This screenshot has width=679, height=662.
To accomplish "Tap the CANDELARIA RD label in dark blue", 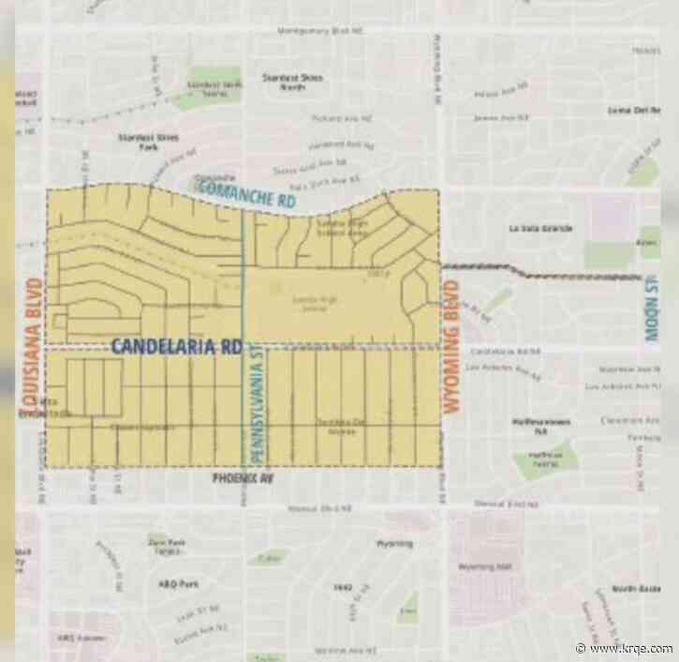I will click(x=177, y=346).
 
